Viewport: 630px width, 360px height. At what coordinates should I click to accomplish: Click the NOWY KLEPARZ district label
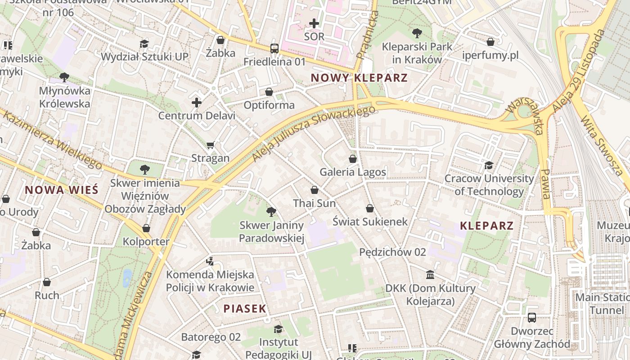(x=359, y=78)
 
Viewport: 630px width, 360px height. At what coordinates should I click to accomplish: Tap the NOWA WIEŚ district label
(x=61, y=190)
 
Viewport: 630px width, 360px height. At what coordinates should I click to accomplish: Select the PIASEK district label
(x=245, y=309)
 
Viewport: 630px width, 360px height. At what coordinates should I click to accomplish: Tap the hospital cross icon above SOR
(x=314, y=23)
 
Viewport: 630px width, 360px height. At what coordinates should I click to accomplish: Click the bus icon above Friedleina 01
(x=274, y=48)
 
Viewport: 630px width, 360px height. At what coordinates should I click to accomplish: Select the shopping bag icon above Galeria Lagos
(x=353, y=159)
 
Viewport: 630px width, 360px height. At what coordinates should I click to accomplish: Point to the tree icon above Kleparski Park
(x=417, y=33)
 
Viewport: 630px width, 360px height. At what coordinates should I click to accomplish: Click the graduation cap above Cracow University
(x=489, y=165)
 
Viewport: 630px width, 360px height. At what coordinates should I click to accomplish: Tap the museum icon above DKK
(x=430, y=274)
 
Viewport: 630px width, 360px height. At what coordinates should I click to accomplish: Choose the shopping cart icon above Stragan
(x=210, y=145)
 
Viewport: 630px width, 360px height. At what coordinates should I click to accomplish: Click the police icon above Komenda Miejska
(x=210, y=261)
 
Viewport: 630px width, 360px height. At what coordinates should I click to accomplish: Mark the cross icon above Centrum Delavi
(x=196, y=103)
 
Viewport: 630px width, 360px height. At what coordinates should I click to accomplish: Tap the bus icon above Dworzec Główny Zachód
(x=531, y=318)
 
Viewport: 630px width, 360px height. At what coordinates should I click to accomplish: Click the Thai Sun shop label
(x=314, y=203)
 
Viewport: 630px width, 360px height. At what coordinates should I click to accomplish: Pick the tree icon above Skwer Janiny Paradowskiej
(x=271, y=211)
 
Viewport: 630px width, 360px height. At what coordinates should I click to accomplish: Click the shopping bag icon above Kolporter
(x=146, y=228)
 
